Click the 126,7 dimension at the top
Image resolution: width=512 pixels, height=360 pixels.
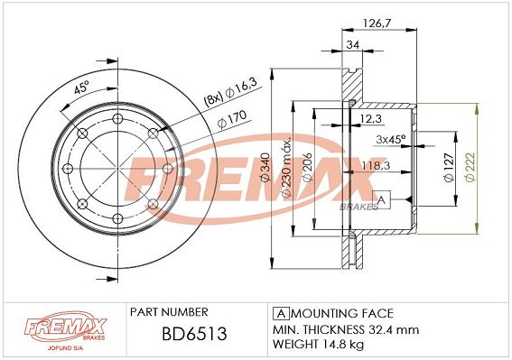(377, 23)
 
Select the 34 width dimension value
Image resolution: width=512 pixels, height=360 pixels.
(353, 44)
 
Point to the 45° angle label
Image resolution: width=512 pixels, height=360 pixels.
(81, 88)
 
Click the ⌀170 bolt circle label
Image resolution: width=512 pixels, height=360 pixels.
(232, 119)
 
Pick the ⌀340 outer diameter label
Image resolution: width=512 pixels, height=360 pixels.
(265, 167)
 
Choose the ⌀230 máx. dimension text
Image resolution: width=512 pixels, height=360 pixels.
(286, 169)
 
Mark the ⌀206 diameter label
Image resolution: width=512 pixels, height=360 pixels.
(308, 167)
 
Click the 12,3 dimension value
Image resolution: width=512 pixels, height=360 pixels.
(370, 119)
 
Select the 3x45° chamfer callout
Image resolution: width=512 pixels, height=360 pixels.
(390, 139)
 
